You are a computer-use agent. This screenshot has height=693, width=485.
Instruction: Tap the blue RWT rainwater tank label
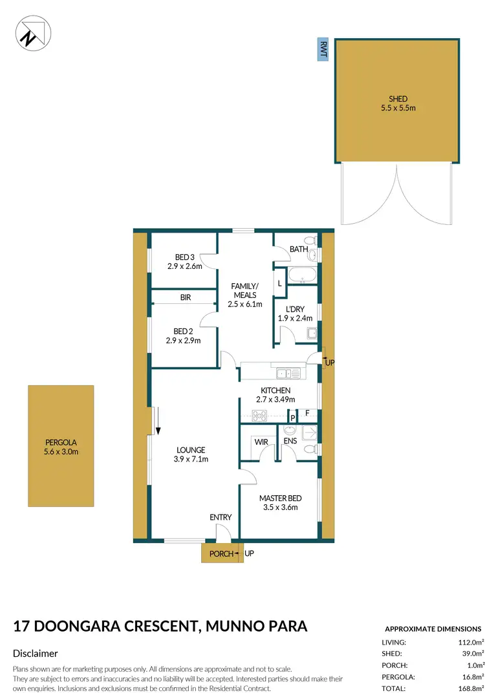point(321,49)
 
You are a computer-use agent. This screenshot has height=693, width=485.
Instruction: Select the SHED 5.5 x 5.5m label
point(398,103)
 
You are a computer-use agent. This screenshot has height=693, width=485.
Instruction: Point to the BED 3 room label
point(184,261)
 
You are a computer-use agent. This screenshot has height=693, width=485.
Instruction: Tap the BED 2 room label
point(184,336)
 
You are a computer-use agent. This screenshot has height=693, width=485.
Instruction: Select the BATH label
point(299,249)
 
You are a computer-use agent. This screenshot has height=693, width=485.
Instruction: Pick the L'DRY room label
point(294,314)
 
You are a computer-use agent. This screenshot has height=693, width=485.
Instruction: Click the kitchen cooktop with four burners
point(250,417)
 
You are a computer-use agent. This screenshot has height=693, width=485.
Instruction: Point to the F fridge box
point(307,412)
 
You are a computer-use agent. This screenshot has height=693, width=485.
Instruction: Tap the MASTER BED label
point(280,502)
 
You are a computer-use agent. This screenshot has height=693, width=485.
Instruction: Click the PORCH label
point(221,553)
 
